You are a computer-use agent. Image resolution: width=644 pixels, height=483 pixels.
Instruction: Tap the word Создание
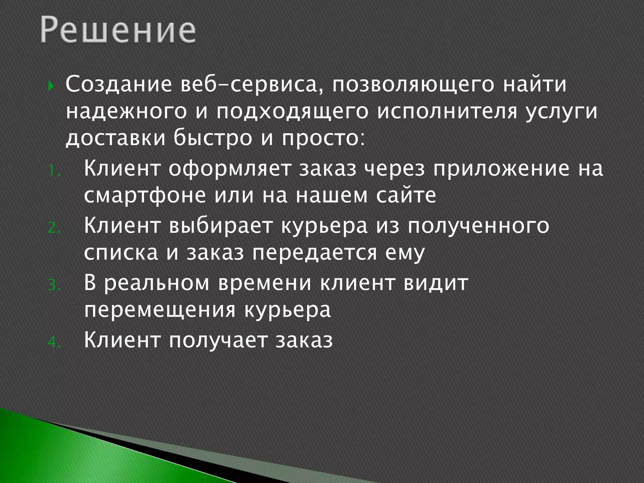tap(119, 85)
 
